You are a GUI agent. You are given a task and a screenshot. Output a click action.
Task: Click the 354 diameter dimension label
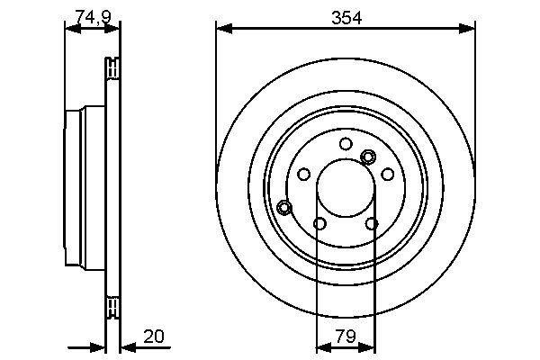[346, 16]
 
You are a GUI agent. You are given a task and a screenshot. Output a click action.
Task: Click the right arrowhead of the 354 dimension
[468, 29]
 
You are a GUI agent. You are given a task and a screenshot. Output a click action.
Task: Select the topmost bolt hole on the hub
[346, 143]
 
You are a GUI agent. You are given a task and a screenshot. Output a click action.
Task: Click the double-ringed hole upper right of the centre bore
[367, 157]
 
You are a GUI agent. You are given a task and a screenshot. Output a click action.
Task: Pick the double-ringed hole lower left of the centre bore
[284, 208]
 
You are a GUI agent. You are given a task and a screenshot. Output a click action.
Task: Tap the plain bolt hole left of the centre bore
[304, 174]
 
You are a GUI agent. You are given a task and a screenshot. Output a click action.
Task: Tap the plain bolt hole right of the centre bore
[387, 175]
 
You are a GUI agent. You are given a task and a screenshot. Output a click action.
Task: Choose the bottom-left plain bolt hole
[319, 223]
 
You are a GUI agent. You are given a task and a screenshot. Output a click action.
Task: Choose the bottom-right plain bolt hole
[372, 223]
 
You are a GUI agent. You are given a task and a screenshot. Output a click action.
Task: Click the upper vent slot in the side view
[112, 67]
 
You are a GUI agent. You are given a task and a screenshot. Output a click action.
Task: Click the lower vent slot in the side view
[112, 307]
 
